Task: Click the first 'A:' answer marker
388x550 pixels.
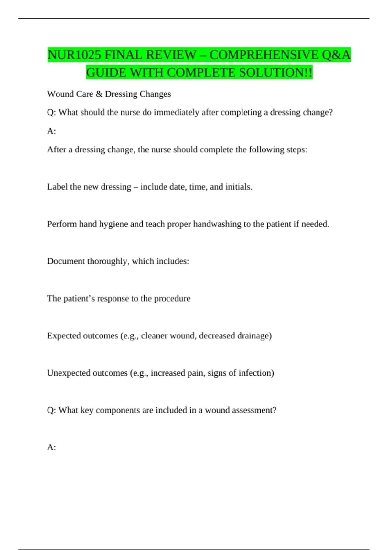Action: (51, 131)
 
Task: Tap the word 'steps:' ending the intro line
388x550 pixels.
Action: (297, 149)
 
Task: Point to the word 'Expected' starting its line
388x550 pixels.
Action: (64, 335)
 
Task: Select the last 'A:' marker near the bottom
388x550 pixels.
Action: (51, 447)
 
